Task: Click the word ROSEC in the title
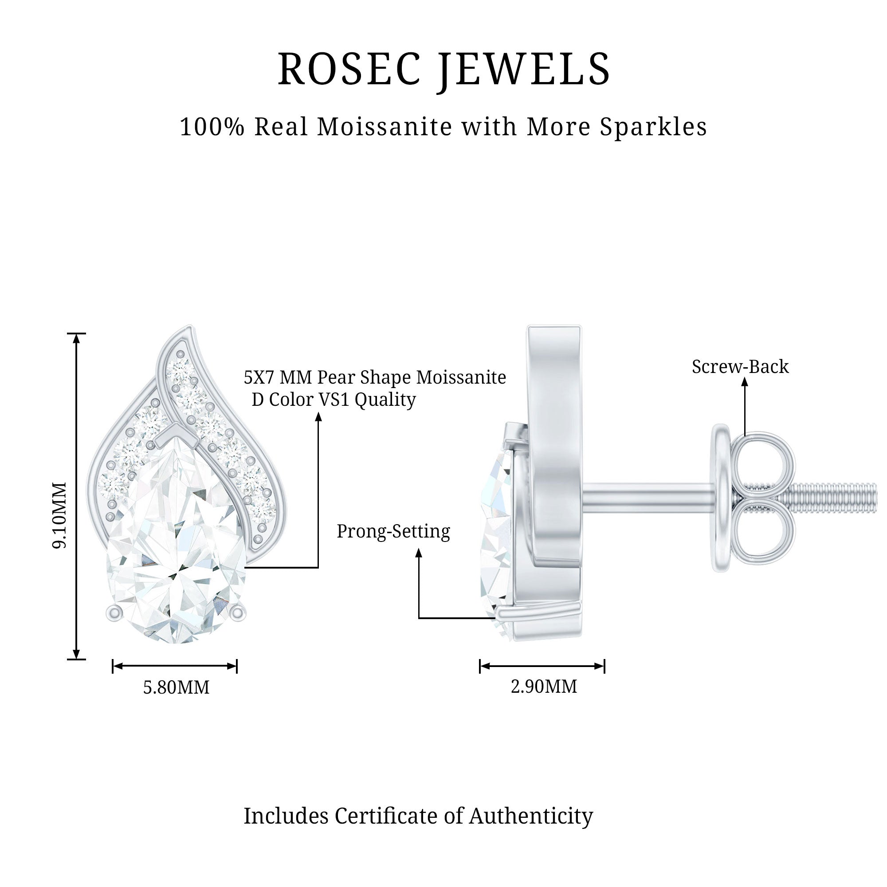pyautogui.click(x=349, y=69)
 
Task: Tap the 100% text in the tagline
pyautogui.click(x=212, y=127)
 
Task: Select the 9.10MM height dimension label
pyautogui.click(x=60, y=514)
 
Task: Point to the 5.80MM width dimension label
pyautogui.click(x=177, y=688)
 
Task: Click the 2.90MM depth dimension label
pyautogui.click(x=544, y=687)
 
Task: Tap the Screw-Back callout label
pyautogui.click(x=740, y=367)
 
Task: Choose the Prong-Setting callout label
pyautogui.click(x=393, y=531)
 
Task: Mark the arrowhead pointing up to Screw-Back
pyautogui.click(x=745, y=383)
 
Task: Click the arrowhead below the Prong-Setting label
pyautogui.click(x=419, y=553)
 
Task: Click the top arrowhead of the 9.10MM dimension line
pyautogui.click(x=77, y=339)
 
